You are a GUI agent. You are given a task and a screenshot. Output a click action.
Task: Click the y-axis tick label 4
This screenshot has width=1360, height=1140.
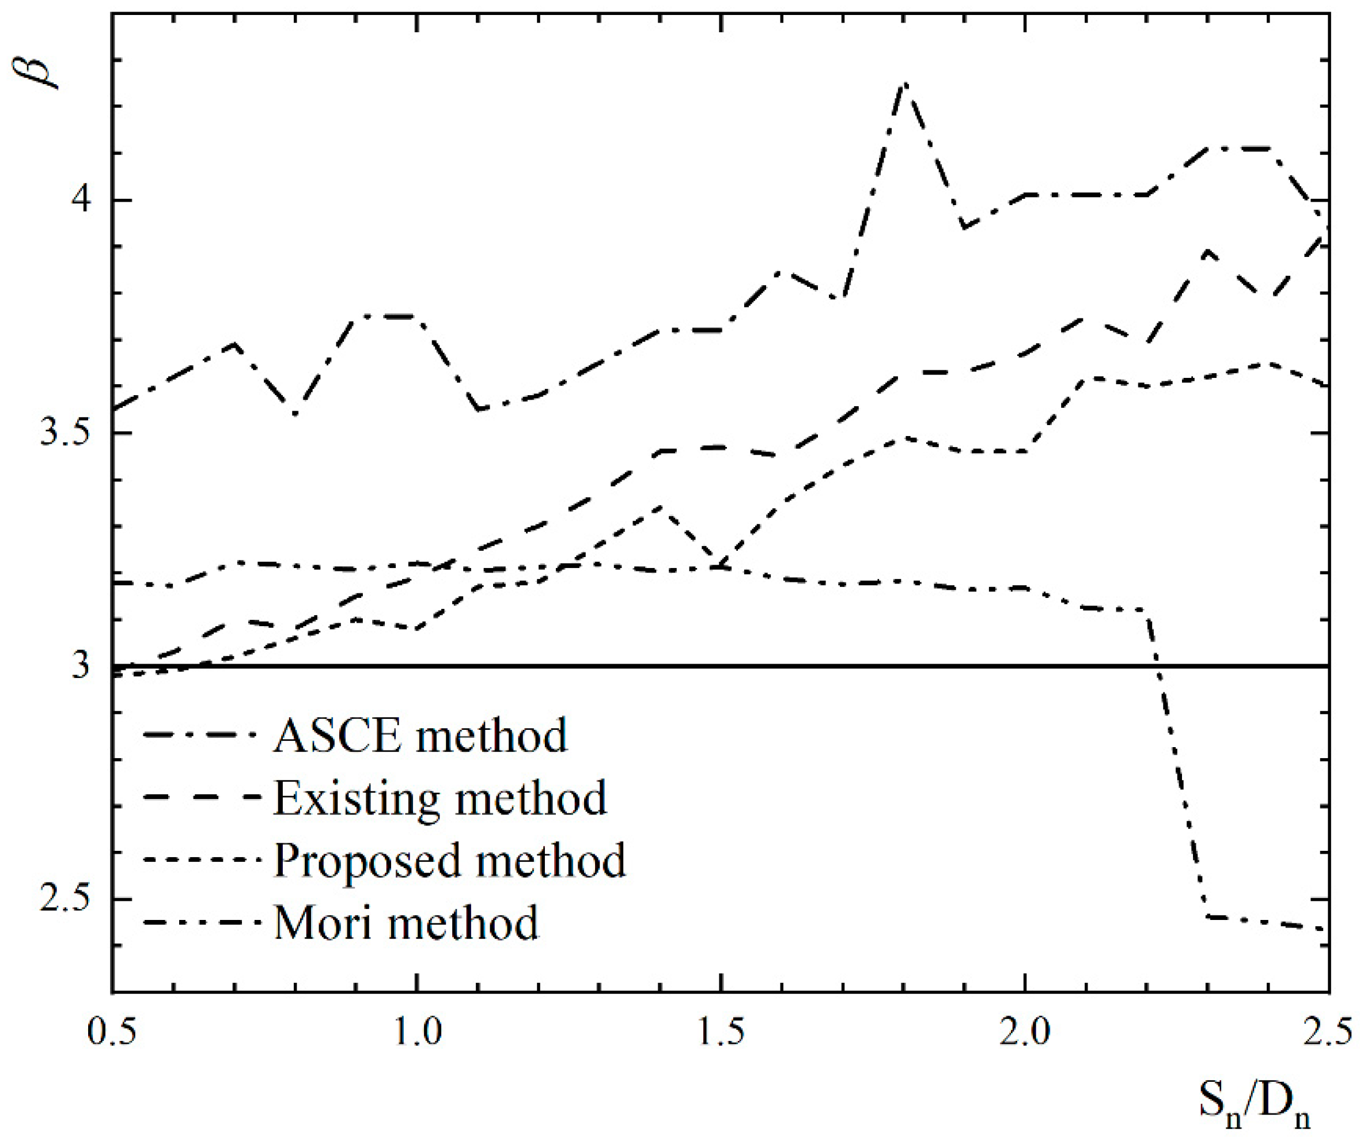83,199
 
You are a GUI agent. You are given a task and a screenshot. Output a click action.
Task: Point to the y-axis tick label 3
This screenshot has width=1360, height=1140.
81,665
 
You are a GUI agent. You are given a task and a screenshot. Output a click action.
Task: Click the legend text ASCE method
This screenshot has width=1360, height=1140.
420,735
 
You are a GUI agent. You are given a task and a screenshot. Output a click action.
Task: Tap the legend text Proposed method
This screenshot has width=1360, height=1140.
449,860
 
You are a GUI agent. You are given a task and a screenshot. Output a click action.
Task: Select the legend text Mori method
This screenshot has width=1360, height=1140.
406,922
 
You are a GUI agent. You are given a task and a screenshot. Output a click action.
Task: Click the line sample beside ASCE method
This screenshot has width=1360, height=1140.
202,735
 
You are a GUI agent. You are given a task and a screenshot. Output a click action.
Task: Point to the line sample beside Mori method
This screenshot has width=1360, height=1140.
202,922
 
